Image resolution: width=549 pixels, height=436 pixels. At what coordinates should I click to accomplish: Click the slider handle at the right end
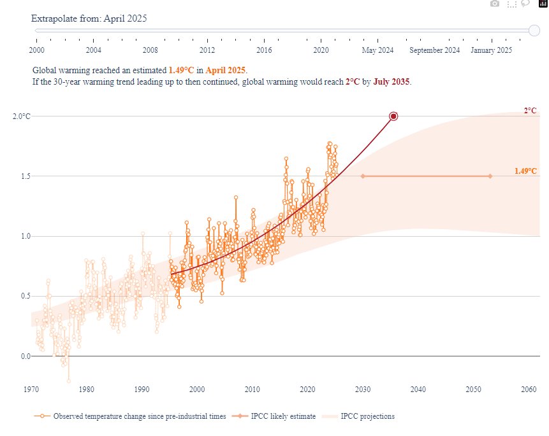pos(534,30)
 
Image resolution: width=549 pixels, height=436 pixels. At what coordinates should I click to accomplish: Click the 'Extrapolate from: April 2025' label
pos(89,18)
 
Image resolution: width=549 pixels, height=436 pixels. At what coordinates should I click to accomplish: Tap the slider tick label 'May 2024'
pos(378,50)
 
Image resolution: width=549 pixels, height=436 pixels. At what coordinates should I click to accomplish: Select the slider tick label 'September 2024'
pos(434,50)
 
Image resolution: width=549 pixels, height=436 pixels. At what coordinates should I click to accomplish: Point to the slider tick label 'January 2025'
pos(491,50)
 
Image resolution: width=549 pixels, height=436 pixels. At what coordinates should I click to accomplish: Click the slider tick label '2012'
pos(207,50)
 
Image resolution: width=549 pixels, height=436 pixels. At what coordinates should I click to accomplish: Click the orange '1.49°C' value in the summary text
pos(181,70)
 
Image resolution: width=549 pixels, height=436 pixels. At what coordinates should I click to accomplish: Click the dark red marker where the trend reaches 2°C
pos(393,116)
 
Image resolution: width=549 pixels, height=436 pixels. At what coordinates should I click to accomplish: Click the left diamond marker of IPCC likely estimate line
pos(363,176)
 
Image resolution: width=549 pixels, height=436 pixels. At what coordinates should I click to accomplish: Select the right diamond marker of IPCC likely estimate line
pos(490,176)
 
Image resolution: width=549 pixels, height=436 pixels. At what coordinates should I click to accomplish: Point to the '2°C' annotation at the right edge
pos(530,110)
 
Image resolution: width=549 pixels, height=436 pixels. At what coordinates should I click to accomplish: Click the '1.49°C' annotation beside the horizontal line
pos(525,171)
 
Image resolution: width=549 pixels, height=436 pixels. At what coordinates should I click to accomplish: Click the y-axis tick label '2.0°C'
pos(22,116)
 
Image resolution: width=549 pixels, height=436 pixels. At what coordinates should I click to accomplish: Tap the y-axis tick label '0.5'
pos(25,296)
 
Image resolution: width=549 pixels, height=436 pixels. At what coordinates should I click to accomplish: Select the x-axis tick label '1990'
pos(142,390)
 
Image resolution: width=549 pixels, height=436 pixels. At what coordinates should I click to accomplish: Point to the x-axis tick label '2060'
pos(528,390)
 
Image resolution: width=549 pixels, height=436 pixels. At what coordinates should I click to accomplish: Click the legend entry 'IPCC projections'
pos(367,416)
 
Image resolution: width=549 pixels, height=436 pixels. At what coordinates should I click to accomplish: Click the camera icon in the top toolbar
pos(494,4)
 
